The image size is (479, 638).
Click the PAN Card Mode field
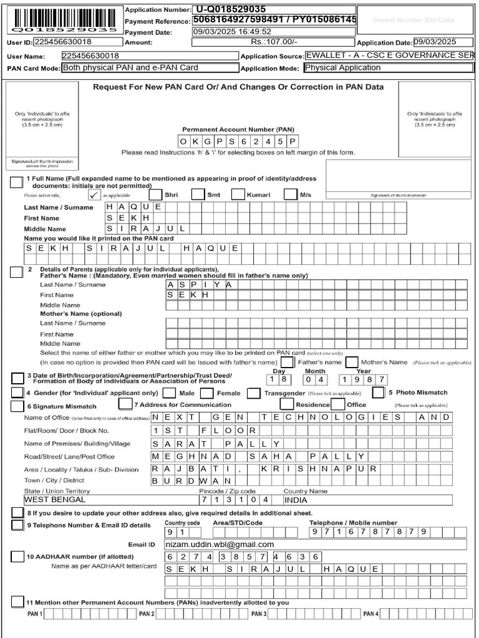(149, 68)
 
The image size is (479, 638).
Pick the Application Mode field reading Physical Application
(388, 68)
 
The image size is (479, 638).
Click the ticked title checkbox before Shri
(95, 194)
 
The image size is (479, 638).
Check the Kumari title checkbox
(238, 194)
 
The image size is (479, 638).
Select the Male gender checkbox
(169, 393)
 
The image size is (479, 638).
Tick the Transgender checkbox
(253, 393)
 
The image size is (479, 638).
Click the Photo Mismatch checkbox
(378, 393)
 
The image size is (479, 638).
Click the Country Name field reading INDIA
(367, 500)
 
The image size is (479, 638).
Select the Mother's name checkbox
(352, 362)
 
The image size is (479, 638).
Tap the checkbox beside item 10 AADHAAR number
(16, 556)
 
